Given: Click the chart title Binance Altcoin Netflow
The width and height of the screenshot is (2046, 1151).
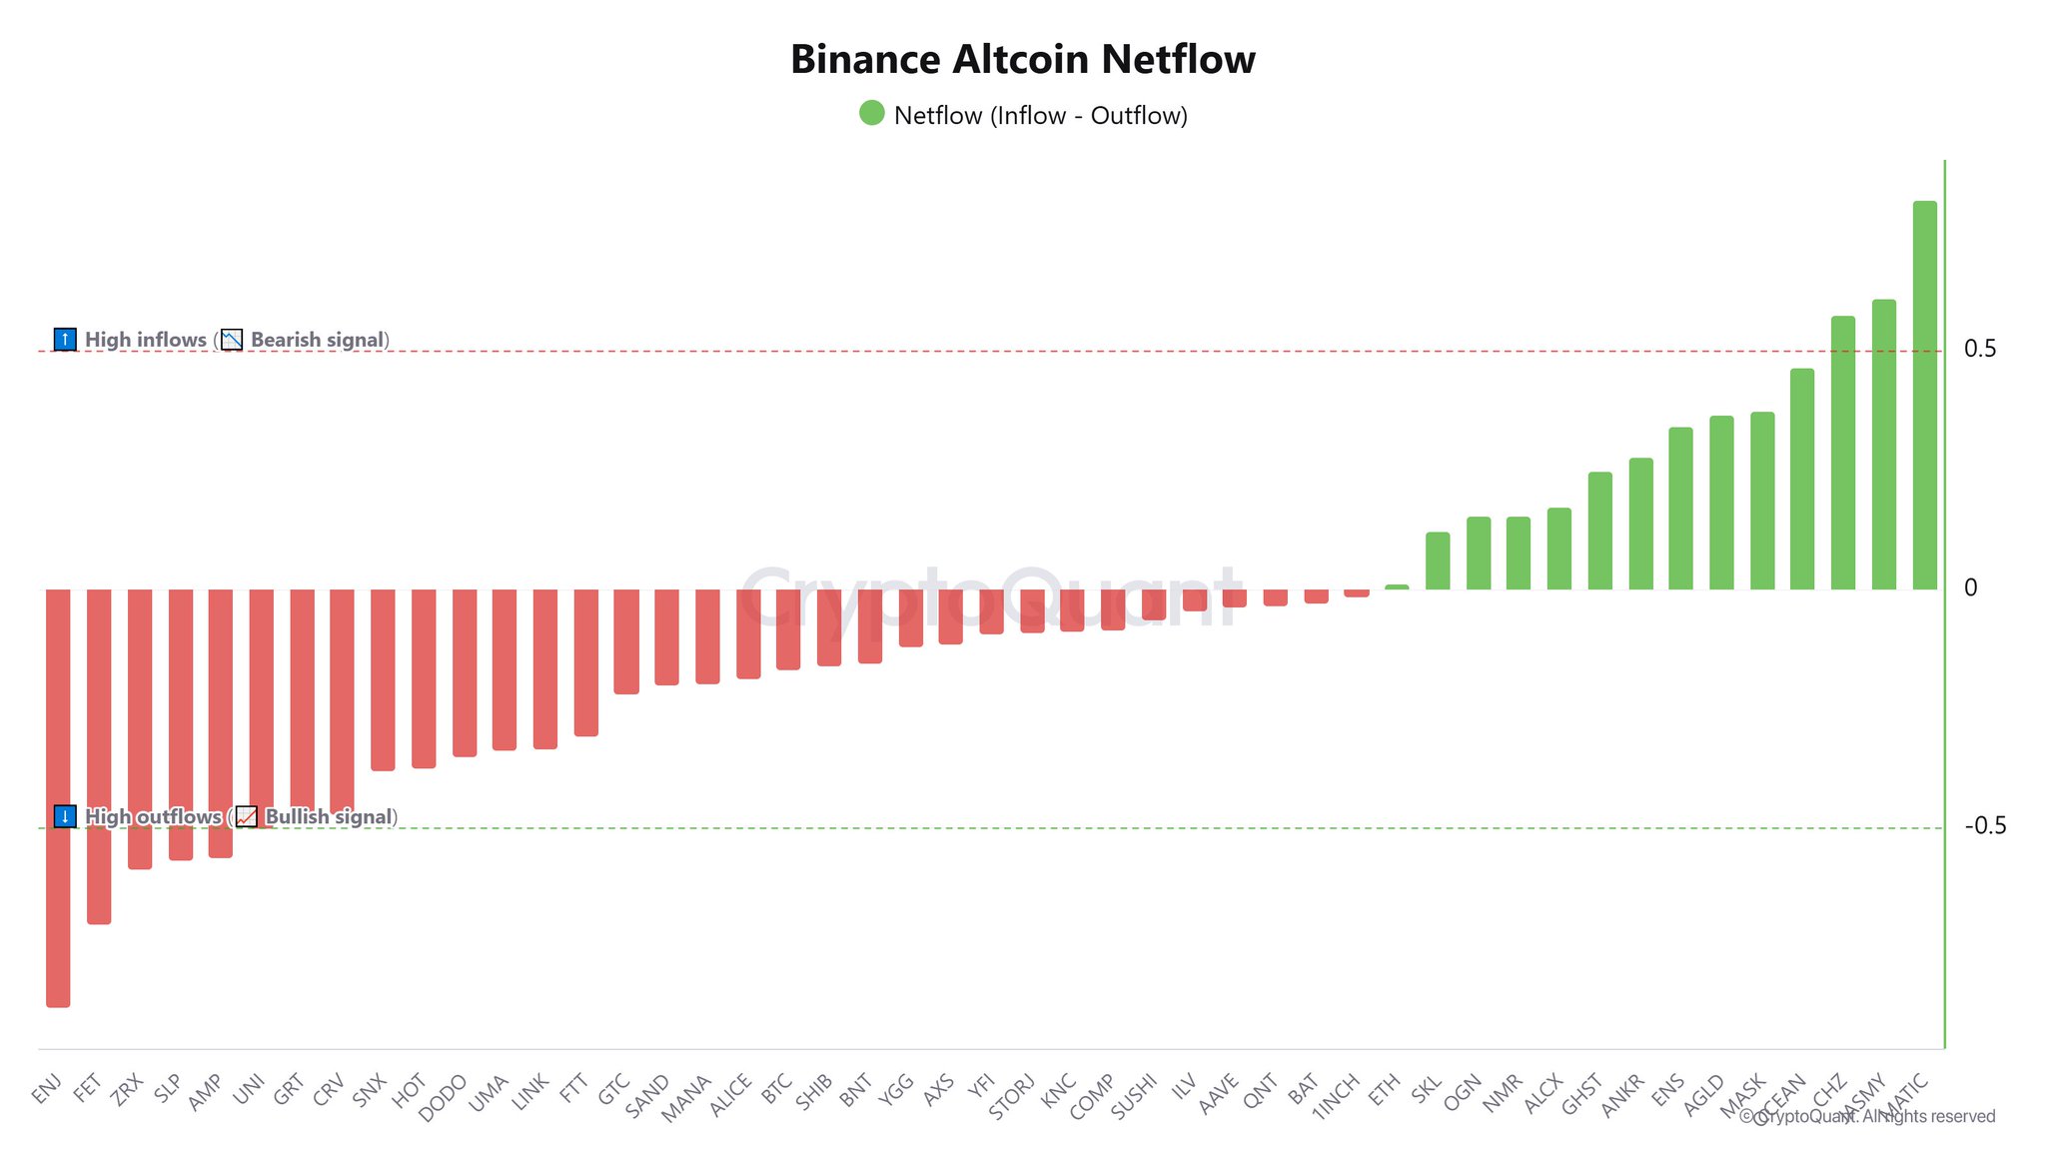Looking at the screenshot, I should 1022,60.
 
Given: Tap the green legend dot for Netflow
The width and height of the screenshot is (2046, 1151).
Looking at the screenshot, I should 872,113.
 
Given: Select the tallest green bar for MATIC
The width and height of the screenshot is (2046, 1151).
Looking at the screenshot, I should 1924,395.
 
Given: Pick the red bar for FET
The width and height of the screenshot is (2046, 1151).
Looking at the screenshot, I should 99,755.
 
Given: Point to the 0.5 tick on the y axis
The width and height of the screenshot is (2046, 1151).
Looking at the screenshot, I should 1979,349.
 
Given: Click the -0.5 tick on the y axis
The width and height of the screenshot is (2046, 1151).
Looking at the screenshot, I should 1984,825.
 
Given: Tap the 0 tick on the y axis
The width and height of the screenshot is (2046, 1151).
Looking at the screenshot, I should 1970,587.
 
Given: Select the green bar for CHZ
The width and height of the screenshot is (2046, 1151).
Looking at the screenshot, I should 1842,453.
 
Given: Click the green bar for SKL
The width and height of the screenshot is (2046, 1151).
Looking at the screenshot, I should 1438,561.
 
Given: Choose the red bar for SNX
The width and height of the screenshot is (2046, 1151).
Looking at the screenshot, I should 383,679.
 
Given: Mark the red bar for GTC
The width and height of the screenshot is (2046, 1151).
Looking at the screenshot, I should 626,640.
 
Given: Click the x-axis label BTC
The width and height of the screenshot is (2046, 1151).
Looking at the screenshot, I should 776,1088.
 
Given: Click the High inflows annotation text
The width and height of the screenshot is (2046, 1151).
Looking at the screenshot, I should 146,340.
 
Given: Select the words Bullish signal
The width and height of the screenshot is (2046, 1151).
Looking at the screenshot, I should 329,817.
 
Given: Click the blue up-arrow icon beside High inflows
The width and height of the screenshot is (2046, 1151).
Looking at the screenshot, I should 65,340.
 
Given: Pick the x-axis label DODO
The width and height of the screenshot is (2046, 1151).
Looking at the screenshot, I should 442,1098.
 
